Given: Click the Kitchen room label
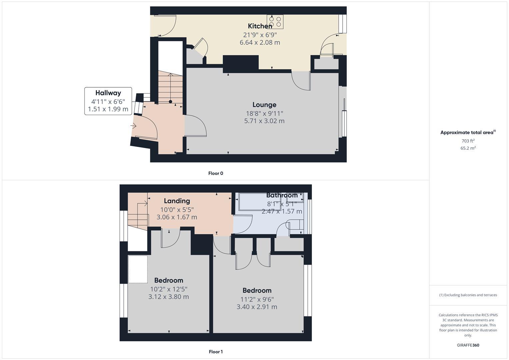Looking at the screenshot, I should click(260, 26).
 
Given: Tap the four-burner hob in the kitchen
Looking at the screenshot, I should click(275, 22).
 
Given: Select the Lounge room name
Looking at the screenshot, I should click(264, 105).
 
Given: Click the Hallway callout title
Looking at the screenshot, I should click(108, 93).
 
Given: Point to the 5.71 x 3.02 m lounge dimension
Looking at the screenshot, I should click(264, 121).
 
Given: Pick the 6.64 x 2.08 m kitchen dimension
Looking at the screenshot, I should click(260, 42).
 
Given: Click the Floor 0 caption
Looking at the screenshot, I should click(216, 173).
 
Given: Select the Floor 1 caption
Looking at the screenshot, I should click(216, 352).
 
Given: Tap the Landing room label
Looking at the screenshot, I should click(177, 201).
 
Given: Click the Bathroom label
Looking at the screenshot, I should click(282, 195).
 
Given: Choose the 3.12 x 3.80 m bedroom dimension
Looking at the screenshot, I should click(168, 297).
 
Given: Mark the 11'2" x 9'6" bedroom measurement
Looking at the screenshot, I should click(257, 299).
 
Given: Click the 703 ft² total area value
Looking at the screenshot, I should click(468, 141).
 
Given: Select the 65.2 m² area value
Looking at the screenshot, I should click(468, 148).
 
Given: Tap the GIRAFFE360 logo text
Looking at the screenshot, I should click(468, 345).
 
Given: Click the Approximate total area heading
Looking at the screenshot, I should click(467, 133).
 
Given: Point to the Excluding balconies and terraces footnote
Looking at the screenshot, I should click(468, 295).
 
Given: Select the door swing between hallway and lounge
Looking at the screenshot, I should click(196, 126).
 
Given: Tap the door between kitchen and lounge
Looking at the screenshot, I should click(301, 81).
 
